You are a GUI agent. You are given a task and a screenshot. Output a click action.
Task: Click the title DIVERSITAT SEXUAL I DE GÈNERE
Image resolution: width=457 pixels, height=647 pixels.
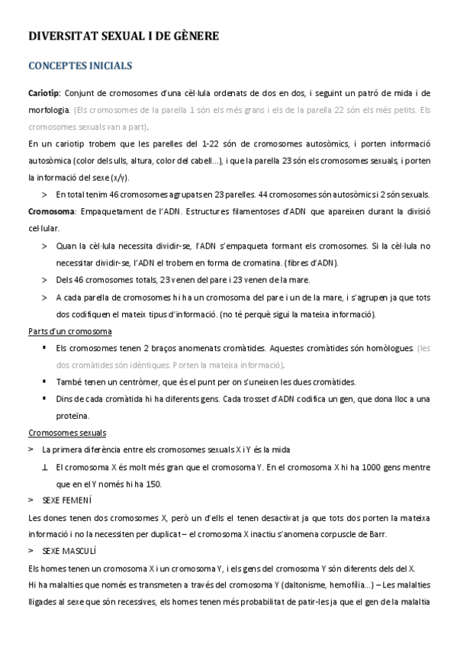[x=124, y=36]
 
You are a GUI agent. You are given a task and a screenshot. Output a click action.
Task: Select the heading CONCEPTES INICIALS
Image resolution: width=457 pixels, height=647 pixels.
[x=80, y=66]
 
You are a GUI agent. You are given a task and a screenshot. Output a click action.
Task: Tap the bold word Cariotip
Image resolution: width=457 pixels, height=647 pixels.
[x=43, y=92]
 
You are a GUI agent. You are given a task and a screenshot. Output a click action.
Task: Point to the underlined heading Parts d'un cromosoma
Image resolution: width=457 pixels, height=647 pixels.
[x=69, y=331]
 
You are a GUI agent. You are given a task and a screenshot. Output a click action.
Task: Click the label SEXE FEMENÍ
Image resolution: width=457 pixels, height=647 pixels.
[x=67, y=500]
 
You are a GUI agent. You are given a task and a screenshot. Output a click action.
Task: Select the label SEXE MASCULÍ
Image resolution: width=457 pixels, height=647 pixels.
[x=70, y=550]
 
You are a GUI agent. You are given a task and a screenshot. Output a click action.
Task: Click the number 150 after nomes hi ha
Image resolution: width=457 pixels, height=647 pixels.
[x=152, y=483]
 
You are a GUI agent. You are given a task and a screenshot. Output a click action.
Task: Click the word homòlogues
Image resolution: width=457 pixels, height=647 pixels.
[x=388, y=348]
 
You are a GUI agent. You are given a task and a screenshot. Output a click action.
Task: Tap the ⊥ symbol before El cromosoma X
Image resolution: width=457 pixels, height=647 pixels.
[x=45, y=466]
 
